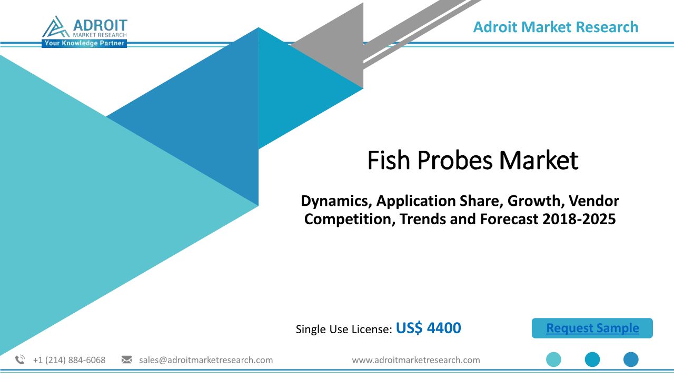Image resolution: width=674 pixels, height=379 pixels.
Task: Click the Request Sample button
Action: [x=592, y=328]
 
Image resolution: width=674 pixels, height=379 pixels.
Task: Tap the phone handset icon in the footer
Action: [x=20, y=360]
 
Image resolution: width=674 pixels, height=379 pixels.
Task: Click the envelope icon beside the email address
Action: [x=126, y=360]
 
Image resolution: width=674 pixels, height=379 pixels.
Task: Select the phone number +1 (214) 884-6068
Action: [x=69, y=360]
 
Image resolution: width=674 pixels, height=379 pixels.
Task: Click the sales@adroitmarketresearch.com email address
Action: [x=206, y=360]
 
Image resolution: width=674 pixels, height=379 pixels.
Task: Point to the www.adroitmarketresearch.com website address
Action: [x=416, y=360]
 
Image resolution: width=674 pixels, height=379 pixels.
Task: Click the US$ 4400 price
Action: [x=428, y=328]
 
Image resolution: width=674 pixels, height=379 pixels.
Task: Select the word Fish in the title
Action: [x=389, y=160]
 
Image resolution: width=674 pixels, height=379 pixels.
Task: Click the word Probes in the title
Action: [x=455, y=160]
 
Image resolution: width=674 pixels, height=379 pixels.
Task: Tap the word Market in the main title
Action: [x=539, y=160]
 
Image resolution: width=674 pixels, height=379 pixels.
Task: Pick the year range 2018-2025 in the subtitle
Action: [x=579, y=219]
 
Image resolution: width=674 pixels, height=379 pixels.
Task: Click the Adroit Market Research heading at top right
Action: [x=556, y=27]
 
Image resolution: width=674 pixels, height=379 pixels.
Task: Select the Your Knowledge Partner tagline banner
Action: [x=84, y=43]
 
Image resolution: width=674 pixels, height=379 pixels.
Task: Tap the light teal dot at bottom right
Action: [x=553, y=360]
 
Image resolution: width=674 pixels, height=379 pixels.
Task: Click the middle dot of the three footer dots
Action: [x=592, y=360]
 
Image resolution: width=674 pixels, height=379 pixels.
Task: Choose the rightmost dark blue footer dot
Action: [x=631, y=360]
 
